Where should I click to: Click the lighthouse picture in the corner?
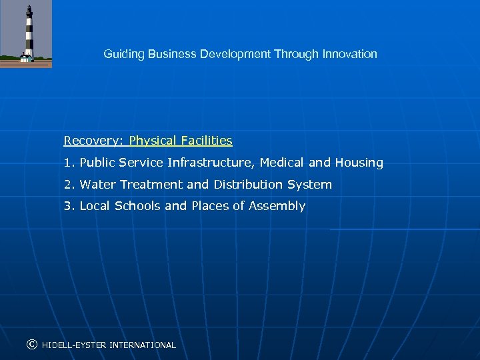pos(26,33)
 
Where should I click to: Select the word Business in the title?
pos(172,54)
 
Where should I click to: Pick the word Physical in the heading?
pos(152,141)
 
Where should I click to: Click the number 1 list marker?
pos(68,163)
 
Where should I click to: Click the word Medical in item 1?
pos(282,163)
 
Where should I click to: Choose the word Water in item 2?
pos(97,185)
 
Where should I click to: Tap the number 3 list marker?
pos(68,206)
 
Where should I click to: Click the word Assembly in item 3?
pos(277,207)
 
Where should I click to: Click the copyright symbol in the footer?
pos(31,345)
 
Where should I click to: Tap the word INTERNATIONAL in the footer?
pos(143,345)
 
